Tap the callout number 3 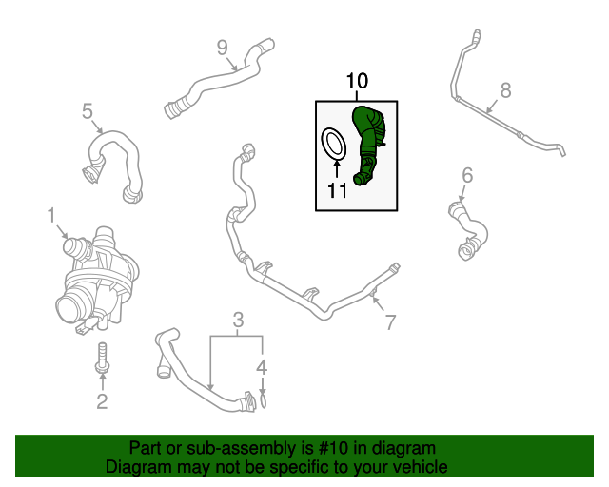[x=239, y=319]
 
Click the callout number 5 [x=87, y=112]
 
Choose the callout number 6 [x=467, y=175]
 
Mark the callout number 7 [x=389, y=322]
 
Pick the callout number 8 [x=505, y=90]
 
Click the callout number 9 [x=222, y=47]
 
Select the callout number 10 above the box [x=356, y=82]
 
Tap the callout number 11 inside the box [x=338, y=190]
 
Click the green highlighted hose [x=367, y=143]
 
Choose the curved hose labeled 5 [x=112, y=162]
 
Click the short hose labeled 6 [x=468, y=228]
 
